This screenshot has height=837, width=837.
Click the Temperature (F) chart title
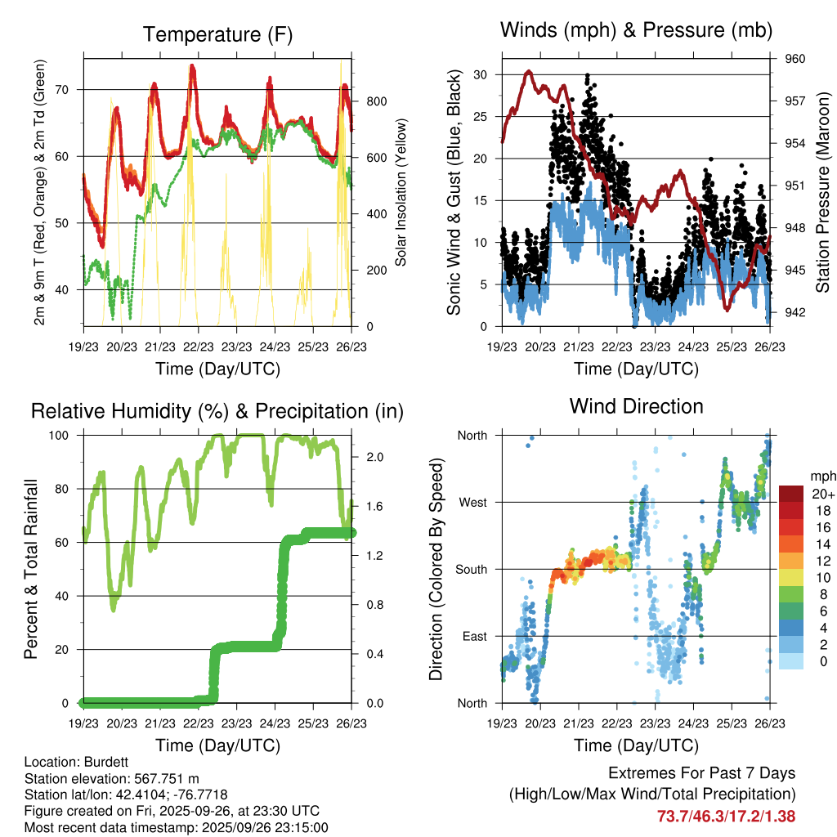pos(217,34)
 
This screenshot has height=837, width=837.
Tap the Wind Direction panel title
pos(636,406)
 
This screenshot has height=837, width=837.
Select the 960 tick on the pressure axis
pos(796,59)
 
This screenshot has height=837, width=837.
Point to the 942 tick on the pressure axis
pos(796,311)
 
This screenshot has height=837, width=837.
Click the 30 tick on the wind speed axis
pos(481,74)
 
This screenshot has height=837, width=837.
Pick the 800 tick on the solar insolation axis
pos(376,101)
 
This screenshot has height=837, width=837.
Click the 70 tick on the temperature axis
pos(68,89)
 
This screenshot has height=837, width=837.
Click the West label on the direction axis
pos(472,502)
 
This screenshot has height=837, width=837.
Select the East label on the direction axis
pos(473,636)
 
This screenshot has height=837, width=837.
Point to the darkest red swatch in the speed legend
pos(792,493)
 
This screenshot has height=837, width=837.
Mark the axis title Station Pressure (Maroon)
pos(823,192)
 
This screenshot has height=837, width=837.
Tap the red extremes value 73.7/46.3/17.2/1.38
pos(726,816)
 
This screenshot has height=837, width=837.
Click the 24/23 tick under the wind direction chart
pos(693,723)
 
